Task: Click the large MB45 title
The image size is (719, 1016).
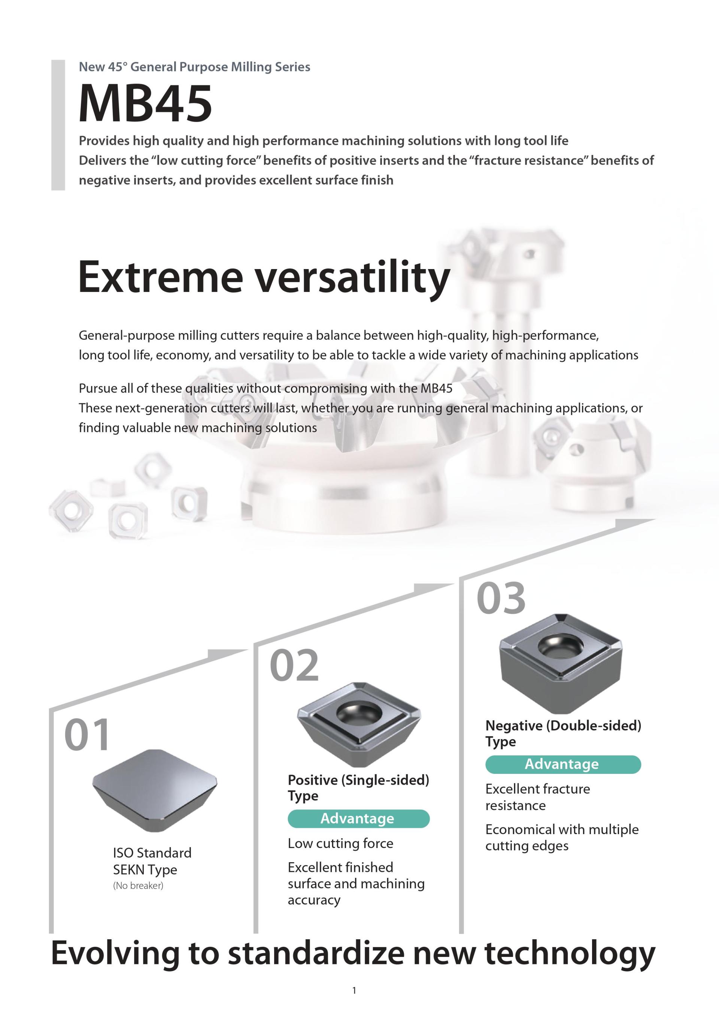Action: [x=145, y=104]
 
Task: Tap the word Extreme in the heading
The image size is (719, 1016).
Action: [x=160, y=277]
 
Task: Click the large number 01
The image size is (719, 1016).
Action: [x=87, y=735]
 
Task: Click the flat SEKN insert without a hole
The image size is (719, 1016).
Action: [x=155, y=790]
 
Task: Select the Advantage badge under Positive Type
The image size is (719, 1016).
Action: [x=358, y=818]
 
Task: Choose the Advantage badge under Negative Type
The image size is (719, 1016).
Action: [x=563, y=764]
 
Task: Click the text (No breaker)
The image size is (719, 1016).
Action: [x=138, y=885]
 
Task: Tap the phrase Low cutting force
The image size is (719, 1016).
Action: [x=340, y=843]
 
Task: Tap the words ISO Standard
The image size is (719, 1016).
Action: [x=152, y=853]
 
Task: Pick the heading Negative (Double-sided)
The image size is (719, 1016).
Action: [x=563, y=726]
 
